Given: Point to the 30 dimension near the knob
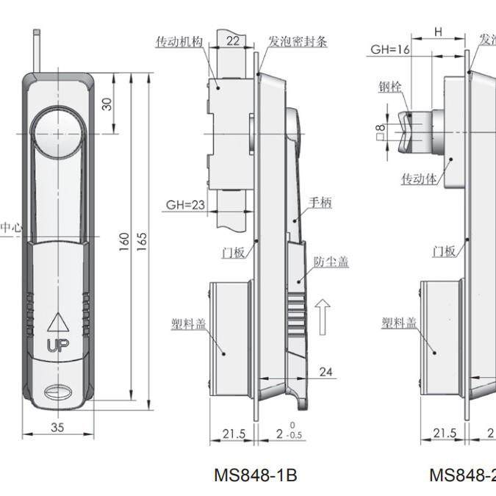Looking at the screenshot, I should click(x=107, y=104).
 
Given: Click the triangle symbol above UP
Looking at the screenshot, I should click(x=56, y=322).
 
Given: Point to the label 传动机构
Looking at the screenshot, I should click(x=179, y=43).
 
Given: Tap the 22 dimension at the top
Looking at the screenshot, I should click(x=231, y=42).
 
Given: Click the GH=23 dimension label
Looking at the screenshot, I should click(x=185, y=205).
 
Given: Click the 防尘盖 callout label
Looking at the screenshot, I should click(x=331, y=262).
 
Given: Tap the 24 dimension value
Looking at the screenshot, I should click(x=326, y=373).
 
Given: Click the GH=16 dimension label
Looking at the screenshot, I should click(x=389, y=49).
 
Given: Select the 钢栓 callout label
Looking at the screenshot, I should click(x=391, y=87).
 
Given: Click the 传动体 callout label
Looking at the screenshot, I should click(x=417, y=178).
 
